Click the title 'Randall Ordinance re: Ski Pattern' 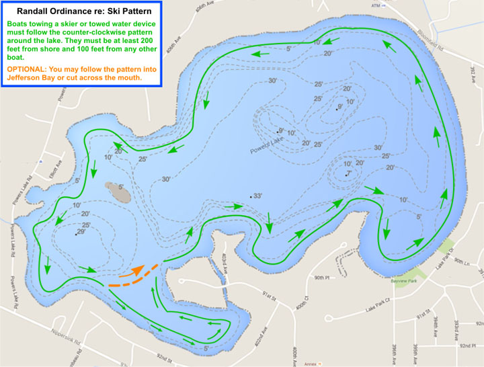pyautogui.click(x=82, y=12)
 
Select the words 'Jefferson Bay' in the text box pyautogui.click(x=32, y=78)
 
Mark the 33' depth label pyautogui.click(x=256, y=196)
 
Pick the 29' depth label pyautogui.click(x=81, y=232)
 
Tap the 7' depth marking pyautogui.click(x=348, y=174)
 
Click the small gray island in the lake pyautogui.click(x=118, y=193)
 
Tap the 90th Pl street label pyautogui.click(x=323, y=277)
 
